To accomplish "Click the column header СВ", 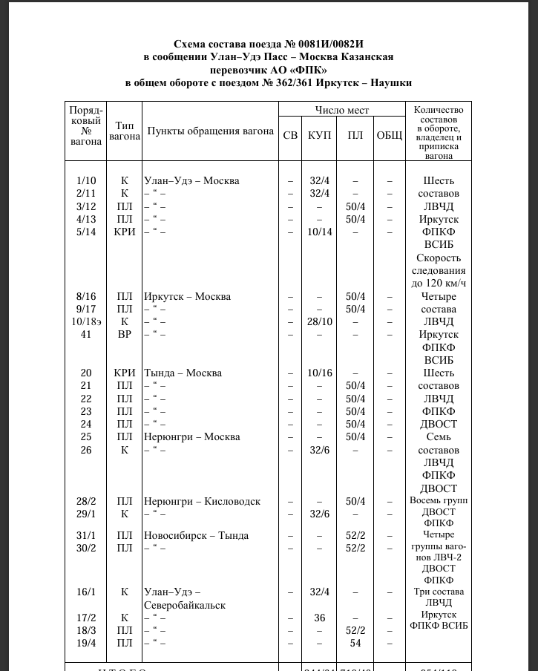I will point(291,135).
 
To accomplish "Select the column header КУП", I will point(320,135).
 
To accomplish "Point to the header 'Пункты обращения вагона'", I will point(210,131).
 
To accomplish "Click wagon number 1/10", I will point(86,180).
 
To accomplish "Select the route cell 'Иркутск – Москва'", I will point(187,296).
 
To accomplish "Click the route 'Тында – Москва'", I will point(183,373).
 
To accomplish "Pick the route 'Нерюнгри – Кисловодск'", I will point(202,501).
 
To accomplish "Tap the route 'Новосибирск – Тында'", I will point(196,535).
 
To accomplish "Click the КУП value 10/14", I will point(320,232).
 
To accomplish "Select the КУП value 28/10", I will point(320,321).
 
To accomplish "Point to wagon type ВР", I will point(124,334).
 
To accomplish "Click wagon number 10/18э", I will point(86,321).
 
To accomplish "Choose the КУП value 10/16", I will point(320,373).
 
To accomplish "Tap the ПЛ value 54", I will point(355,643).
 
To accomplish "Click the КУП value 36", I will point(320,618).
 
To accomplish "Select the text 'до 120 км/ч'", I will point(439,283).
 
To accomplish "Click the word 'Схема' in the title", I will point(191,44).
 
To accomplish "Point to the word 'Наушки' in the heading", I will point(390,82).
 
